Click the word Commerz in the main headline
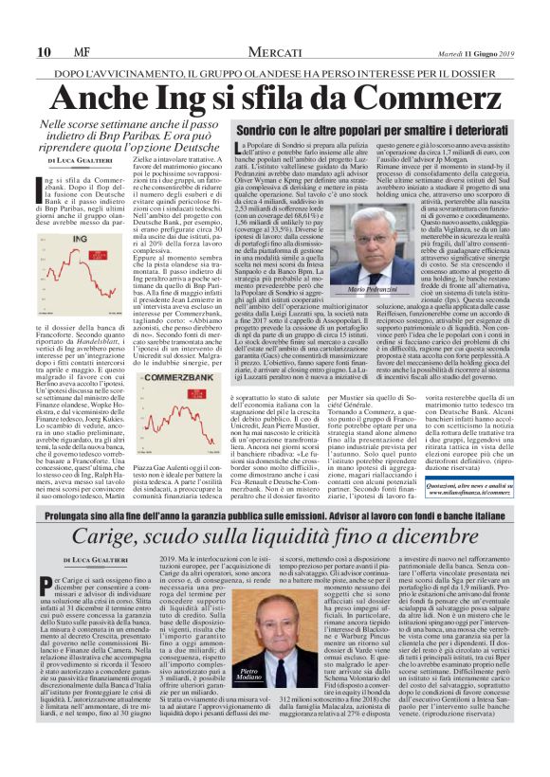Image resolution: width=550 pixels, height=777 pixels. point(391,98)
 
